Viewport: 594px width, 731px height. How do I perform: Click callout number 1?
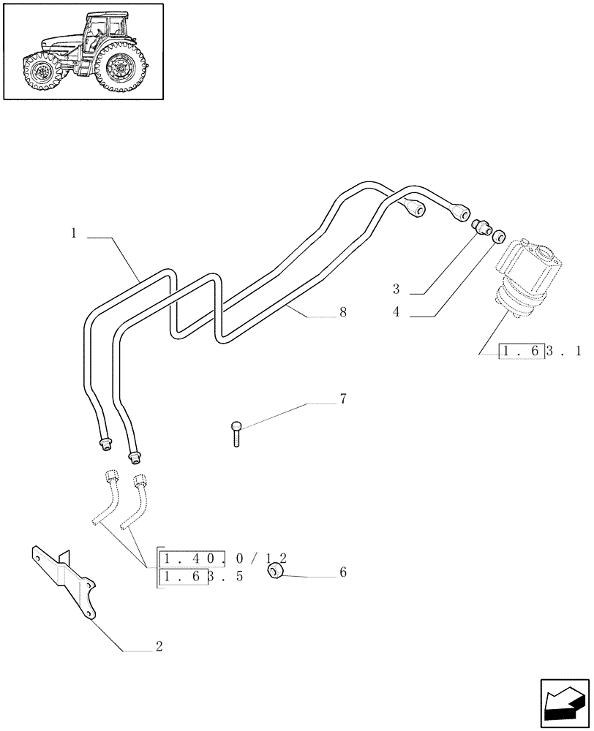[74, 234]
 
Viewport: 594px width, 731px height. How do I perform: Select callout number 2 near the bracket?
[159, 647]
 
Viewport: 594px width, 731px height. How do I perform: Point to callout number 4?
[396, 312]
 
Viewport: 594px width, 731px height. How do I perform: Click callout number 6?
[342, 572]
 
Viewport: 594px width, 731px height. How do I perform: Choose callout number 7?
[342, 399]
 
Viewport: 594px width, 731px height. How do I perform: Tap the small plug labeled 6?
[277, 572]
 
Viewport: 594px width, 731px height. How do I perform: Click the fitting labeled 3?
[481, 227]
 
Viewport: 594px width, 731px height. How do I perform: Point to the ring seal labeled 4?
[498, 236]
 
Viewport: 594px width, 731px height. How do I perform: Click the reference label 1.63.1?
[540, 352]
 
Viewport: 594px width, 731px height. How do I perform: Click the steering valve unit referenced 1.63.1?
[526, 278]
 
